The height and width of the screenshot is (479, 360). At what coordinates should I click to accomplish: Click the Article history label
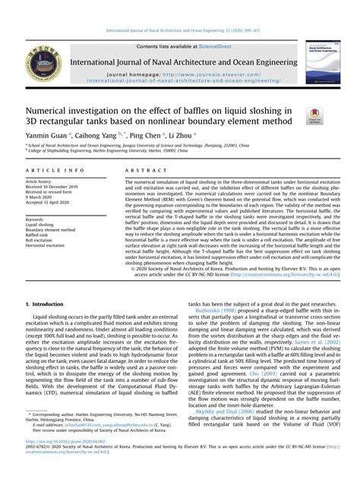click(x=39, y=182)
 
